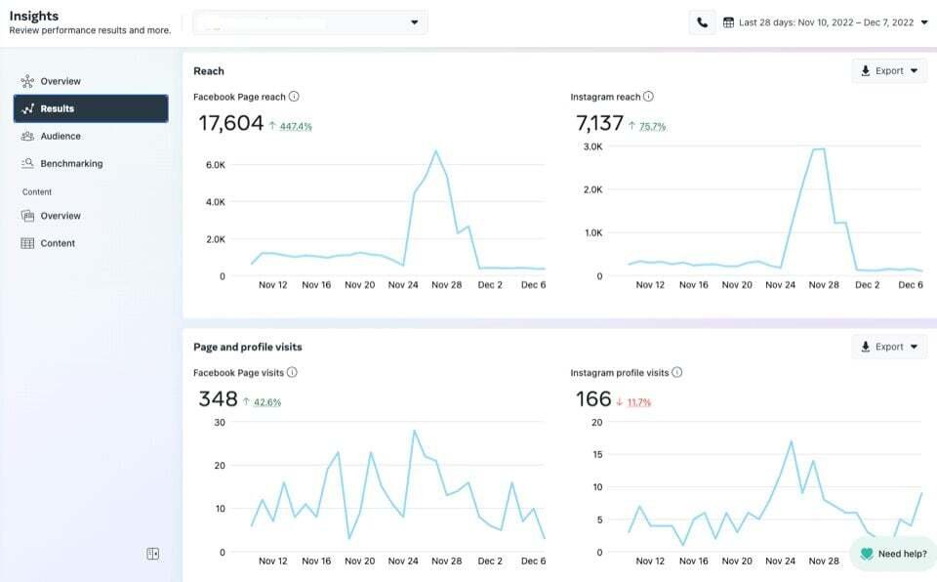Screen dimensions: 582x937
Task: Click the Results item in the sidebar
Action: coord(90,108)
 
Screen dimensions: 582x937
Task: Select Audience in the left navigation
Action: coord(60,137)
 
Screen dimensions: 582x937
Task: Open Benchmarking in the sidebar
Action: coord(70,164)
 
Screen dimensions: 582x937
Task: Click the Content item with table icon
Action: coord(57,243)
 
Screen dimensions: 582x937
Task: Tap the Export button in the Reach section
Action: coord(888,71)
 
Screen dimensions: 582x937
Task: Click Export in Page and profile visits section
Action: coord(888,347)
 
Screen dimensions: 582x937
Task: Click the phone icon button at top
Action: coord(702,22)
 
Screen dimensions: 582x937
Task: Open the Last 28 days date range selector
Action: coord(825,22)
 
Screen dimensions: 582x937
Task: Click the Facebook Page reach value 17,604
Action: coord(231,123)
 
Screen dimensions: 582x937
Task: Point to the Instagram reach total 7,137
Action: coord(599,123)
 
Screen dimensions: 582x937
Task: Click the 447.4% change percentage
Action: coord(296,127)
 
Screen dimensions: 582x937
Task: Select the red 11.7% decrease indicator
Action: coord(638,402)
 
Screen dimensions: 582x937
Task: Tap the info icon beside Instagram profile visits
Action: coord(677,372)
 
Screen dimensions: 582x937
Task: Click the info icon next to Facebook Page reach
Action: coord(294,97)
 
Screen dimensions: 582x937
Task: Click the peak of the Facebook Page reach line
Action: coord(435,151)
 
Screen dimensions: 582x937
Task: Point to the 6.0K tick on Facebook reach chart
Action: coord(215,165)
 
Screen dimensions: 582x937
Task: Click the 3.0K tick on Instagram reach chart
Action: coord(592,146)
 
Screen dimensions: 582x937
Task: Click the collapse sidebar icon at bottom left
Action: coord(152,554)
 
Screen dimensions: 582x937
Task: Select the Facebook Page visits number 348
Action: coord(218,398)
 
